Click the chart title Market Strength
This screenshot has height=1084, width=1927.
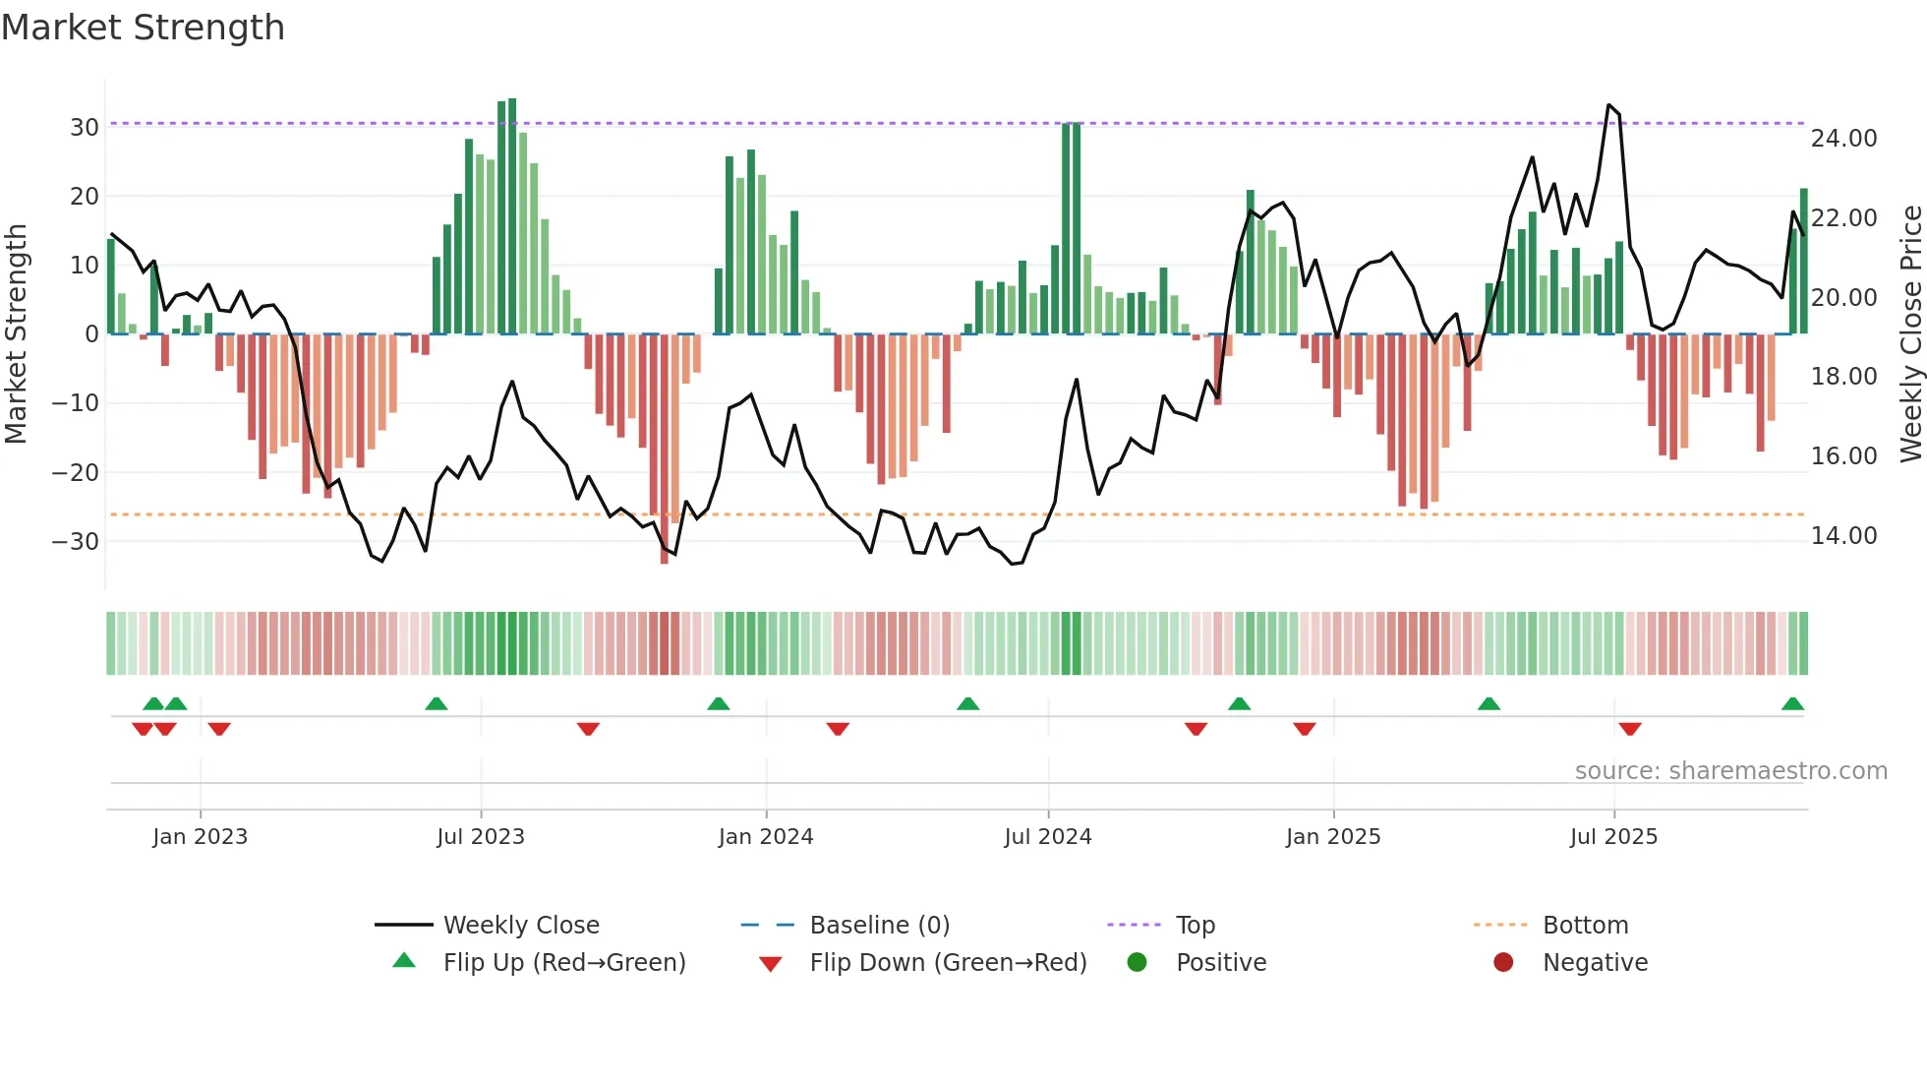tap(143, 28)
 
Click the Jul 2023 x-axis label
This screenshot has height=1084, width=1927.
tap(481, 837)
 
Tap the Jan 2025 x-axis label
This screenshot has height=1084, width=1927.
tap(1333, 837)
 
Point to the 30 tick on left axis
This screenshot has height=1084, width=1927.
tap(85, 128)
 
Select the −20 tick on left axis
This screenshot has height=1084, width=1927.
tap(76, 473)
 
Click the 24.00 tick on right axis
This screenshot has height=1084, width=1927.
tap(1843, 139)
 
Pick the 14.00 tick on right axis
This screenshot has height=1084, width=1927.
tap(1843, 536)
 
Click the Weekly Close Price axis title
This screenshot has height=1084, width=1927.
tap(1910, 334)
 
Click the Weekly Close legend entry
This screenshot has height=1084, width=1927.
tap(520, 926)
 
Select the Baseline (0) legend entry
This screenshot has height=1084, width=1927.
tap(879, 926)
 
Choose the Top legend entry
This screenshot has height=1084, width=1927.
tap(1195, 926)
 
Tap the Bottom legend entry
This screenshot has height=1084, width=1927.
tap(1585, 926)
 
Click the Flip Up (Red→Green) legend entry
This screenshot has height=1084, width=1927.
tap(563, 963)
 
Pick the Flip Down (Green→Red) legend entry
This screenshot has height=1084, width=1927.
tap(948, 963)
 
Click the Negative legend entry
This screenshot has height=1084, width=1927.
tap(1594, 963)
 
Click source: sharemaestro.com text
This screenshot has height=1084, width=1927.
tap(1730, 771)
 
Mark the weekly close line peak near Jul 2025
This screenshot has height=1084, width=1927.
tap(1608, 105)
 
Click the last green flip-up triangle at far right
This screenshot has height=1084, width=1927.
tap(1792, 704)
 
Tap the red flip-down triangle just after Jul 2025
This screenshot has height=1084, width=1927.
tap(1630, 729)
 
